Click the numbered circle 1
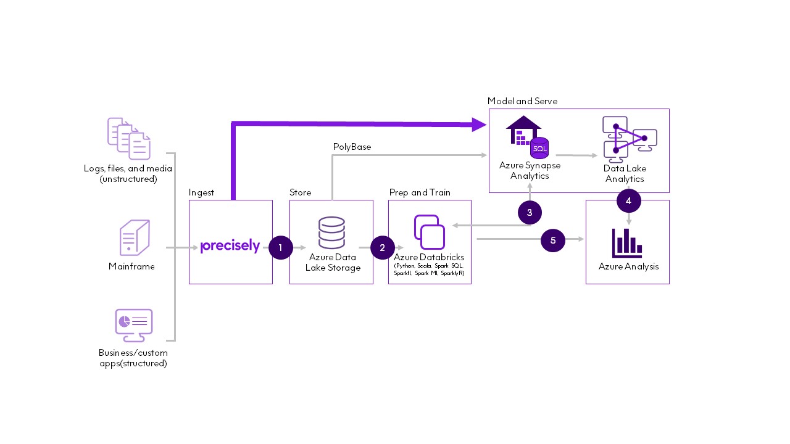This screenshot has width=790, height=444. tap(281, 247)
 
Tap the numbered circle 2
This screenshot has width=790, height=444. tap(383, 247)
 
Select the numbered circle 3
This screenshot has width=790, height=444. tap(530, 213)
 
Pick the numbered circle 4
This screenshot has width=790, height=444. tap(628, 201)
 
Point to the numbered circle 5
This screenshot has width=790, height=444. tap(553, 240)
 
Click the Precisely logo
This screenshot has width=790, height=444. tap(230, 245)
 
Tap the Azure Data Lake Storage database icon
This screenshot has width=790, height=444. tap(331, 232)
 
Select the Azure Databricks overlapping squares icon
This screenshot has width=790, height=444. tap(430, 231)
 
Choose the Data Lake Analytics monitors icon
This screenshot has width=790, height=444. tap(628, 138)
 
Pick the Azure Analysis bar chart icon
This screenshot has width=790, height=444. tap(628, 243)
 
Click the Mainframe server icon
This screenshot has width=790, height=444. tap(135, 238)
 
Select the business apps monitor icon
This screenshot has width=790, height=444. tap(133, 324)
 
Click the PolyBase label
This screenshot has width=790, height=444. tap(352, 147)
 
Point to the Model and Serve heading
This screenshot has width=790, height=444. tap(522, 101)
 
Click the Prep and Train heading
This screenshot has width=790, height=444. tap(420, 192)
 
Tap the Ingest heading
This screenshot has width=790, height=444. tap(201, 192)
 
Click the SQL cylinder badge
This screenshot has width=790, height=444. tap(539, 149)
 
